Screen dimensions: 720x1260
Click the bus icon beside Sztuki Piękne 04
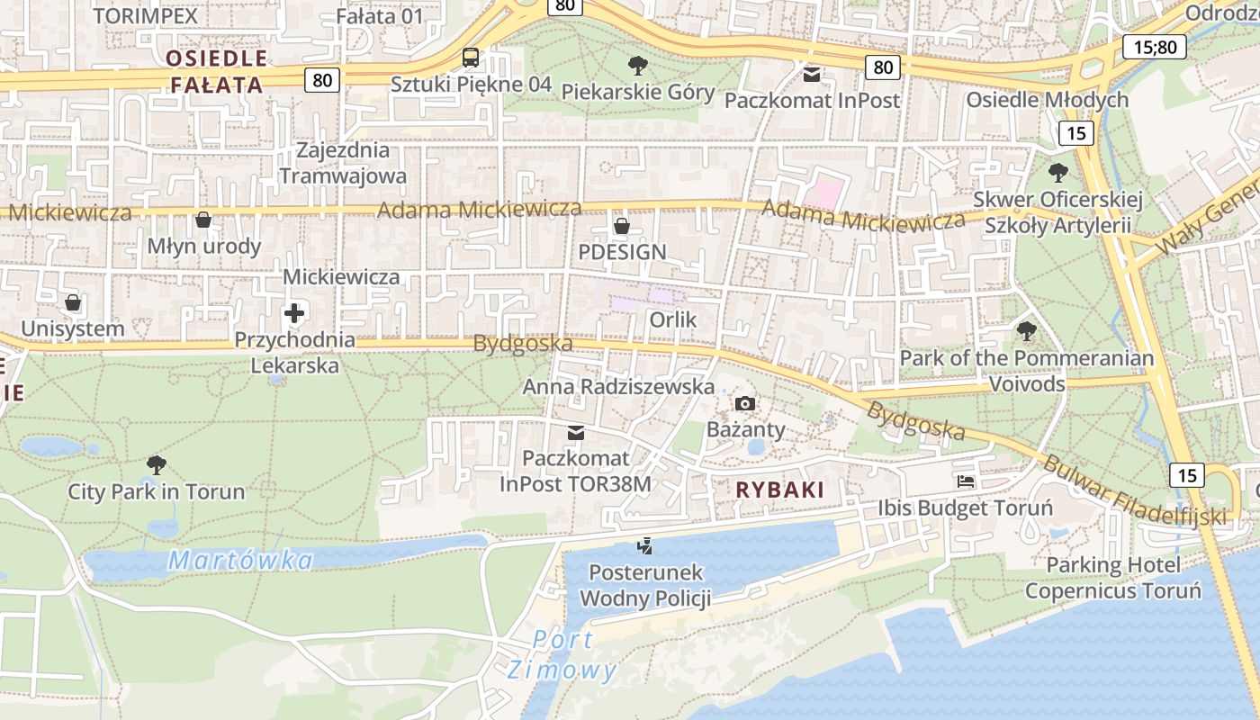[470, 58]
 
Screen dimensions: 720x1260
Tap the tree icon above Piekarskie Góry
[638, 66]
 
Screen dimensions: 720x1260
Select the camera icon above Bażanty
[745, 403]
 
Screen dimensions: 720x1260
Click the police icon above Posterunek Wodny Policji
[644, 545]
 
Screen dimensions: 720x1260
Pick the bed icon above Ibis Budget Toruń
[966, 481]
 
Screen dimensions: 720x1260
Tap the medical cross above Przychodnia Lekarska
[294, 313]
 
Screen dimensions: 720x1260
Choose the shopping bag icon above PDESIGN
[621, 225]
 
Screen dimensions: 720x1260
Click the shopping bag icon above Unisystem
[73, 302]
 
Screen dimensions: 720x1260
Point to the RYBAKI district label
[780, 490]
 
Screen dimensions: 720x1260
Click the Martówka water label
[240, 561]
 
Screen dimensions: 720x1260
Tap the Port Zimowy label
[562, 655]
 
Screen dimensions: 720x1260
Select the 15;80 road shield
[1155, 47]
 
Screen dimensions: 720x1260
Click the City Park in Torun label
[157, 491]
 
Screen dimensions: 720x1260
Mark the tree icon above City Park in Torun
[157, 465]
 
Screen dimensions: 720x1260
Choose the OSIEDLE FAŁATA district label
[217, 72]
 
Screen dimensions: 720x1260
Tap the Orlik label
[673, 319]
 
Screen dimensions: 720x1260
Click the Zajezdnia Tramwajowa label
[343, 163]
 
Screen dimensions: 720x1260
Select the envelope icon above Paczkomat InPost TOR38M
[576, 434]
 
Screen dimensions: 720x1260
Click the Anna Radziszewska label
[618, 387]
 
